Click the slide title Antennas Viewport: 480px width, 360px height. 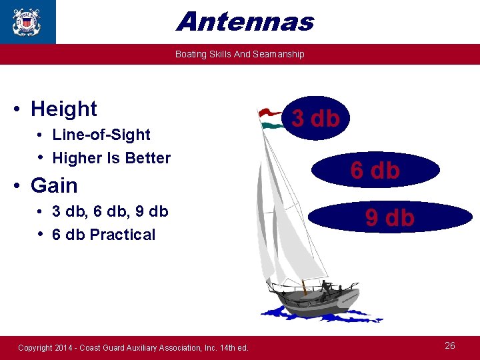click(245, 21)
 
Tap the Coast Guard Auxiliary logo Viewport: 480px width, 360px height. click(27, 21)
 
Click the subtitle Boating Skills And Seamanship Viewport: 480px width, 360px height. click(239, 54)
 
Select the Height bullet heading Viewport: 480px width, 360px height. click(63, 109)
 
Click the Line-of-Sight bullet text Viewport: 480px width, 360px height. click(101, 135)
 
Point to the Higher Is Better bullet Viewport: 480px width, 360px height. click(111, 158)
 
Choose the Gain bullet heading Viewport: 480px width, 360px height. click(54, 185)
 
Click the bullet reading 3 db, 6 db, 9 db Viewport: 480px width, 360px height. click(110, 211)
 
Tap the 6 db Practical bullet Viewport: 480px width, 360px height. click(103, 235)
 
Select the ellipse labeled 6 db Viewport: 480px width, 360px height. click(375, 171)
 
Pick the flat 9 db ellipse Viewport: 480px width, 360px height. click(390, 217)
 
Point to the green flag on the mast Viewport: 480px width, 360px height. click(274, 125)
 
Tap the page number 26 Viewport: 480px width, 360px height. click(450, 345)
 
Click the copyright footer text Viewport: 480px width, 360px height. click(133, 347)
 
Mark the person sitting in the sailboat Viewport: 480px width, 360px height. click(327, 287)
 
